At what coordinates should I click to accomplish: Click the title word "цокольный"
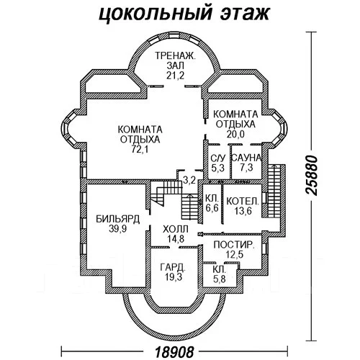[x=156, y=14]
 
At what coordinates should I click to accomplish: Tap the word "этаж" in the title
[x=245, y=13]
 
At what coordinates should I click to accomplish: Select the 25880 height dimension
[x=311, y=175]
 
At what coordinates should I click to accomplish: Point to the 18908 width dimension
[x=174, y=352]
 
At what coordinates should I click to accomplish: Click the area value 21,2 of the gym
[x=175, y=76]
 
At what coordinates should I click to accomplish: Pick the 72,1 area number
[x=140, y=149]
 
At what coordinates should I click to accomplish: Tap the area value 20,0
[x=235, y=134]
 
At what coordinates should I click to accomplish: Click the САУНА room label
[x=246, y=158]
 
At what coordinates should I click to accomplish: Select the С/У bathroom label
[x=218, y=158]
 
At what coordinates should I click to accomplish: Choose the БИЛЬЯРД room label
[x=118, y=219]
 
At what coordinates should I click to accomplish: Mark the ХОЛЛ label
[x=176, y=229]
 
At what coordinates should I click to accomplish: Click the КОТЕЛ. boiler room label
[x=243, y=201]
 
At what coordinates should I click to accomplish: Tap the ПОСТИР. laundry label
[x=234, y=245]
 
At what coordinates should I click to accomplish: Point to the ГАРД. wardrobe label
[x=173, y=267]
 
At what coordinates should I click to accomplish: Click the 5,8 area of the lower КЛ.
[x=220, y=279]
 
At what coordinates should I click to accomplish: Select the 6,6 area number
[x=212, y=208]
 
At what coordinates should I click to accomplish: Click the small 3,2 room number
[x=189, y=180]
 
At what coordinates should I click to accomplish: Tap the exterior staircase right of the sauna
[x=273, y=190]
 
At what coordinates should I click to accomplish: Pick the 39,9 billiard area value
[x=118, y=229]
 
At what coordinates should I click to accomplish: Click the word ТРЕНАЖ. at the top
[x=176, y=55]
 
